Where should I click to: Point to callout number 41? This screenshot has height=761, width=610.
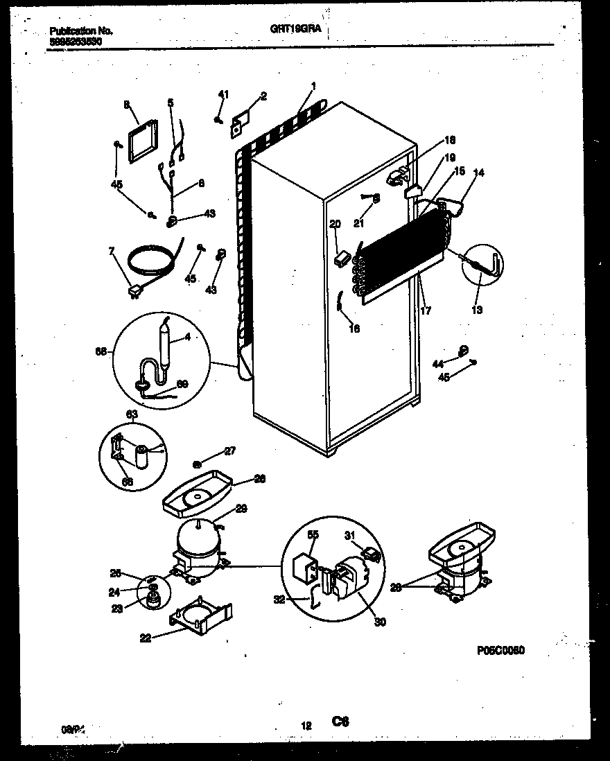tap(223, 94)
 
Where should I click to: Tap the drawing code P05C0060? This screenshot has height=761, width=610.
tap(500, 650)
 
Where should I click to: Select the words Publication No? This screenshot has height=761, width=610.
tap(81, 31)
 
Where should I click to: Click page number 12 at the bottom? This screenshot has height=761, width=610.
tap(305, 726)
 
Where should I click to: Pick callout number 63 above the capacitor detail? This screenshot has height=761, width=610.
tap(132, 414)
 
